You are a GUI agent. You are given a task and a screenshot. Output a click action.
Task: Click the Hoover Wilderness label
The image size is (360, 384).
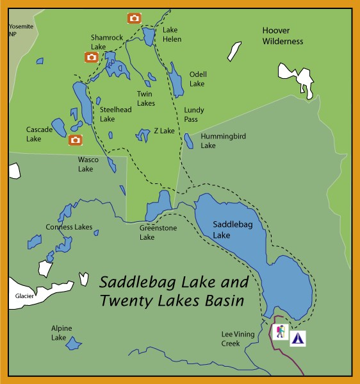[x=282, y=36]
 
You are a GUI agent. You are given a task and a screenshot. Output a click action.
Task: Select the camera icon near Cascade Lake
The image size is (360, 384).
[x=76, y=140]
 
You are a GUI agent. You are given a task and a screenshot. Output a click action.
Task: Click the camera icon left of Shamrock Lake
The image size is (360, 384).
[x=92, y=57]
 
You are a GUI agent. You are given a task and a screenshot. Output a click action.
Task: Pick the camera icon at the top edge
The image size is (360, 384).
[x=135, y=18]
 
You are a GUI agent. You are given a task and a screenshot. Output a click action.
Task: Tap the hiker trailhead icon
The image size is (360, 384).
[x=280, y=331]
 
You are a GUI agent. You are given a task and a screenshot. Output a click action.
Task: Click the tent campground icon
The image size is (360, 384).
[x=297, y=338]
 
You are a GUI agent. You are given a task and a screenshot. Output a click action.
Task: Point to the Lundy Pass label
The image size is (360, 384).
[x=195, y=114]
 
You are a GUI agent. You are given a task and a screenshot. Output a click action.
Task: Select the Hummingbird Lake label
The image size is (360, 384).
[x=217, y=141]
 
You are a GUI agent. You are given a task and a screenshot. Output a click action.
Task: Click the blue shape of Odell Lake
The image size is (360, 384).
[x=175, y=80]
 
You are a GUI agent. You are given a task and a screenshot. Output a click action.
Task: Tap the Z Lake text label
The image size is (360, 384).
[x=164, y=131]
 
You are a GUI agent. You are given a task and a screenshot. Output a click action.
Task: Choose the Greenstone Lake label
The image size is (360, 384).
[x=158, y=232]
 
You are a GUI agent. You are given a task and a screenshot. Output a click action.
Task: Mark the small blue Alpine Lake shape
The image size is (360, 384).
[x=74, y=344]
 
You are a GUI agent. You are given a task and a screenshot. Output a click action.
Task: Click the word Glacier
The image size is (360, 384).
[x=24, y=296]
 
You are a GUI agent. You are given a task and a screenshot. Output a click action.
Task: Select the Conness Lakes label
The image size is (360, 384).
[x=69, y=227]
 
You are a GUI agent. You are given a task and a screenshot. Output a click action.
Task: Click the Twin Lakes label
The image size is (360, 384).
[x=146, y=98]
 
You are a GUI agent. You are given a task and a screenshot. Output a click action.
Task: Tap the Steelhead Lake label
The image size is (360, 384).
[x=116, y=114]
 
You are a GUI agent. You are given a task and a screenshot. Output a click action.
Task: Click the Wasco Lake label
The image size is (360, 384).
[x=86, y=164]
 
